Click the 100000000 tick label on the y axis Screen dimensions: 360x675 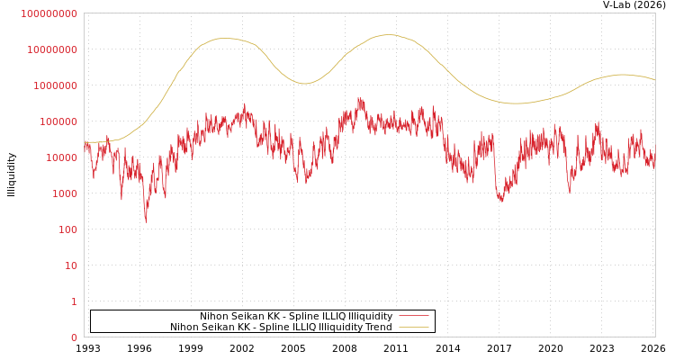pos(49,13)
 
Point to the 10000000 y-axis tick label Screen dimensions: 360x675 pos(52,49)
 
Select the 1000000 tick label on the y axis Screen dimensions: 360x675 pos(55,85)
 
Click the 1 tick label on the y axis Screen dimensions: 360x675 pos(74,301)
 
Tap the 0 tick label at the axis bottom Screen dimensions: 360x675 pos(74,337)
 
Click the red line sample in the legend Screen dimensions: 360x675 pos(413,317)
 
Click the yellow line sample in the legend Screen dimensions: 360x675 pos(413,328)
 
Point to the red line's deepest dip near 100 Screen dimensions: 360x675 pos(146,220)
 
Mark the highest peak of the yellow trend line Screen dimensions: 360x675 pos(388,35)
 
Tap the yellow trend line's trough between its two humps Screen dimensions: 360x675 pos(304,84)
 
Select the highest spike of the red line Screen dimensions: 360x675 pos(360,98)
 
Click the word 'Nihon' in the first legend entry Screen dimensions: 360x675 pos(214,317)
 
